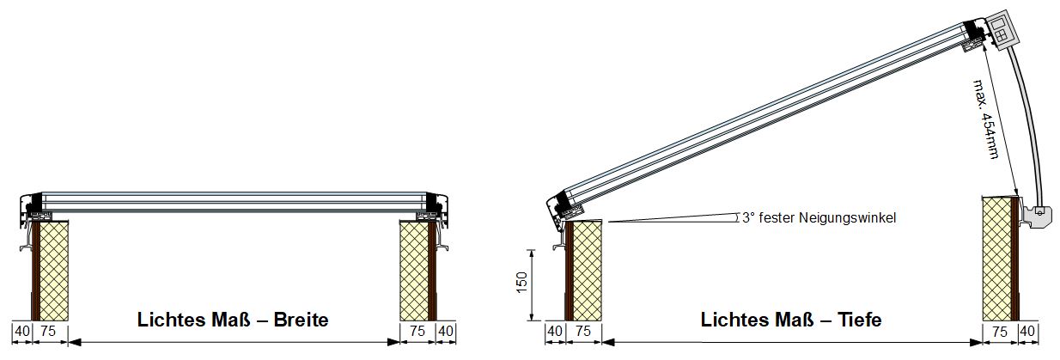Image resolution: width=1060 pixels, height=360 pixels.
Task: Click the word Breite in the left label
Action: click(x=301, y=320)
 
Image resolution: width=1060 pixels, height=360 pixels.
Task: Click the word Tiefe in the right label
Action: click(x=859, y=320)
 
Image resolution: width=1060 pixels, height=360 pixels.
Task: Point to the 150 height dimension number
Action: click(x=521, y=283)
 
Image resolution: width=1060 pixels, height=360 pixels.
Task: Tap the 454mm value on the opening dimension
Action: click(x=990, y=137)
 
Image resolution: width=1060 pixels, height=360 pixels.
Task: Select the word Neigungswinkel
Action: click(x=847, y=217)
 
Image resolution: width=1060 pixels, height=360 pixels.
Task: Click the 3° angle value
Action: click(x=748, y=217)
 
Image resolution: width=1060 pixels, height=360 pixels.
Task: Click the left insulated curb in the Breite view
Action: click(x=50, y=270)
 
